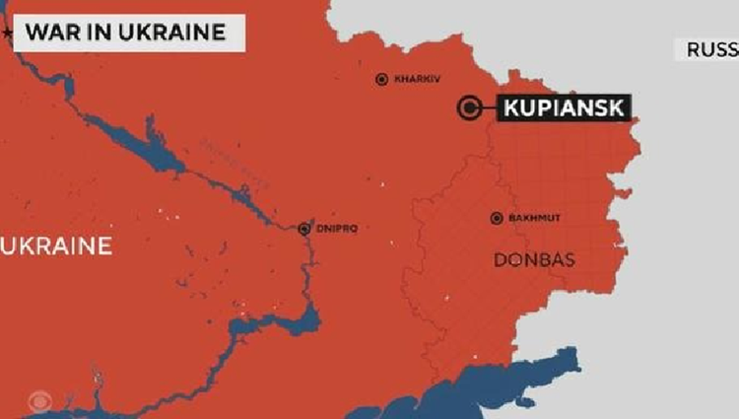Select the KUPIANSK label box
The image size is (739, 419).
[564, 107]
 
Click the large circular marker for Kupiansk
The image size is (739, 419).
[471, 107]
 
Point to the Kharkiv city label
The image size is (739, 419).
[415, 79]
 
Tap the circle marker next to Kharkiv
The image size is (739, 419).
[382, 79]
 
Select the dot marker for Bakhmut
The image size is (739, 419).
[497, 218]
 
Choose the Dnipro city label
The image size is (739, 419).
[338, 229]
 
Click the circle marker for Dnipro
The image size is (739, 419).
[304, 229]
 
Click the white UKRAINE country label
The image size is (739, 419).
[57, 245]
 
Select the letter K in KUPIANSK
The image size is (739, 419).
[510, 107]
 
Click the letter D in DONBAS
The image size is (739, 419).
[497, 259]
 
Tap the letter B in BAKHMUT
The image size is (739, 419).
[510, 218]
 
